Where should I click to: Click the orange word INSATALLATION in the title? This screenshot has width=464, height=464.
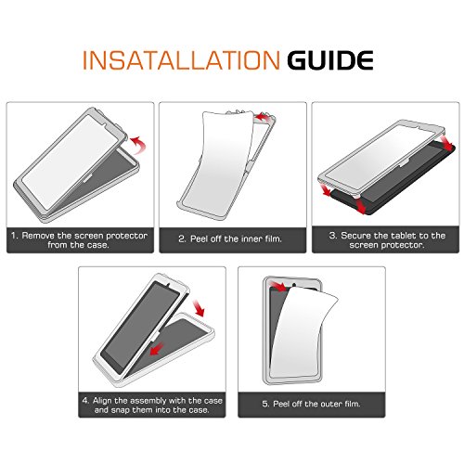click(x=181, y=60)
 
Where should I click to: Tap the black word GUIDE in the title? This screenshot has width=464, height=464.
click(x=330, y=60)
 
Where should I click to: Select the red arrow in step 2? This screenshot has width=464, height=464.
click(x=264, y=117)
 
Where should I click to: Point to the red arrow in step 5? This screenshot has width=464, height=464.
click(x=278, y=286)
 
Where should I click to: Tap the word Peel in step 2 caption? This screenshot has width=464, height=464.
click(x=200, y=238)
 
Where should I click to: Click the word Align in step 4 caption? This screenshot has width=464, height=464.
click(x=102, y=401)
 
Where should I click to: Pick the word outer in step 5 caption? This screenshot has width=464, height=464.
click(x=329, y=404)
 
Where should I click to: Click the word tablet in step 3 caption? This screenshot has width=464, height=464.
click(x=404, y=236)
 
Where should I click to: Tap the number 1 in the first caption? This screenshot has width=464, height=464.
click(x=14, y=236)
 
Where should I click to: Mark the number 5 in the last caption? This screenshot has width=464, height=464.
click(x=265, y=404)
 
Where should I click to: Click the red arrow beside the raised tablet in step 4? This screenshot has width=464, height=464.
click(x=199, y=308)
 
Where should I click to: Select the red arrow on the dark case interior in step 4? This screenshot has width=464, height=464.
click(x=157, y=349)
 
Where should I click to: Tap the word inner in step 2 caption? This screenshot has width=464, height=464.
click(x=247, y=238)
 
